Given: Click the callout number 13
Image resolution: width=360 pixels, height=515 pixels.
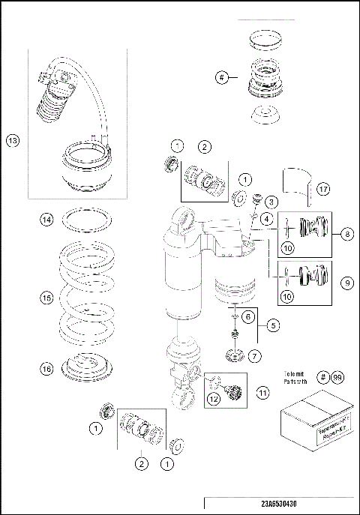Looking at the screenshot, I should tap(12, 140).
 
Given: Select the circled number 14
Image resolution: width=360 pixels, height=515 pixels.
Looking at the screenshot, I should tap(46, 220).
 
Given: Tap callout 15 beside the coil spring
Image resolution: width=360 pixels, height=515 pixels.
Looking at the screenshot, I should tap(46, 298).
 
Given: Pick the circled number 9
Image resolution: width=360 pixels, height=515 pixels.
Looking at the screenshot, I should tap(347, 283).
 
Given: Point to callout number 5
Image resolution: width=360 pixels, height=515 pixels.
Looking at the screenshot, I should tap(274, 325).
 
